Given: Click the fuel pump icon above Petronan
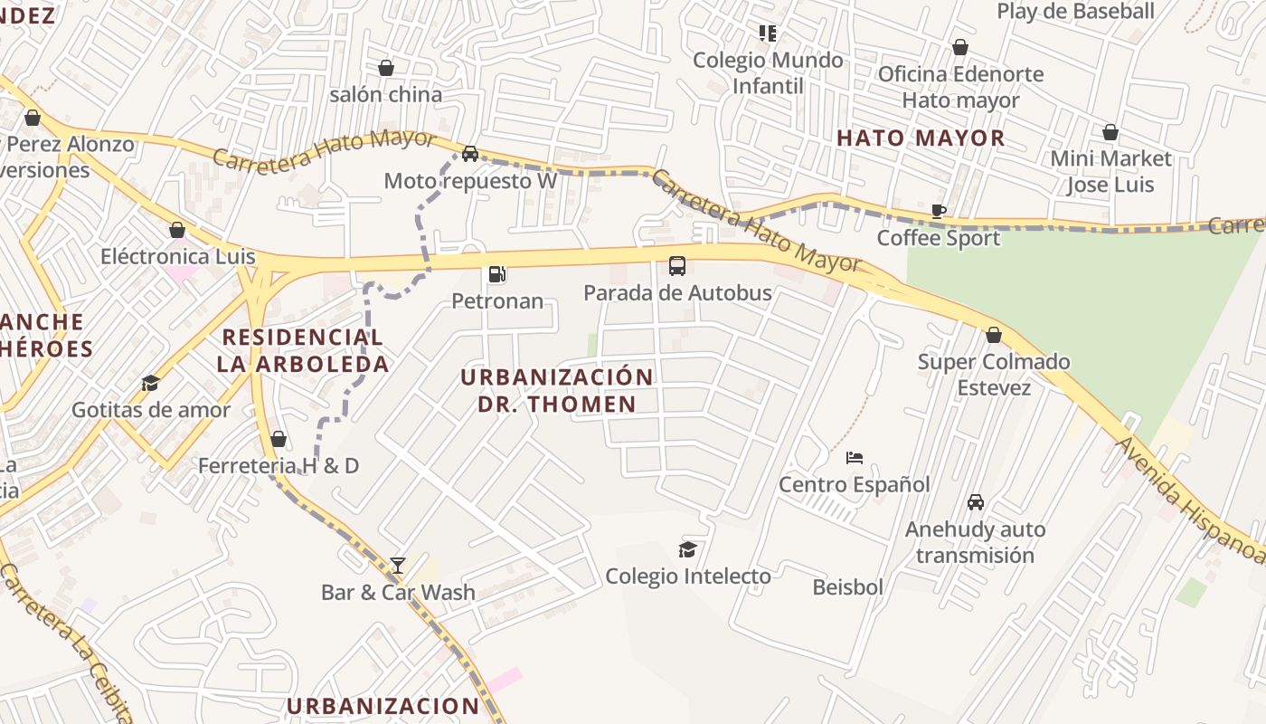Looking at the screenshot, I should pyautogui.click(x=496, y=274).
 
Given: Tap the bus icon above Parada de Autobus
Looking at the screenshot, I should pyautogui.click(x=676, y=266).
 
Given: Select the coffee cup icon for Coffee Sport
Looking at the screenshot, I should pyautogui.click(x=939, y=212).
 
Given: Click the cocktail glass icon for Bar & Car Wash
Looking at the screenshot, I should pyautogui.click(x=398, y=566).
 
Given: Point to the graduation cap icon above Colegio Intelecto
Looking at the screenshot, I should pyautogui.click(x=688, y=549).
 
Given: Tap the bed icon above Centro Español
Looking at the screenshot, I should pyautogui.click(x=855, y=458).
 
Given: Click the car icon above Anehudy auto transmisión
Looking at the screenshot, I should pyautogui.click(x=976, y=502).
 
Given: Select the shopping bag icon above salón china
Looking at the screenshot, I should pyautogui.click(x=386, y=68).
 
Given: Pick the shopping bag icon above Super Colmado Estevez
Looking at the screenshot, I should pyautogui.click(x=994, y=336).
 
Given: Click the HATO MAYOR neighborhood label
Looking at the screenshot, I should pyautogui.click(x=921, y=138).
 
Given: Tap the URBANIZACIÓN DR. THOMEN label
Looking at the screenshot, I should pyautogui.click(x=557, y=390).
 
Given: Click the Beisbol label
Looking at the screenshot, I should pyautogui.click(x=847, y=587).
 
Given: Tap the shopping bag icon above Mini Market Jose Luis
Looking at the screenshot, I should pyautogui.click(x=1110, y=133).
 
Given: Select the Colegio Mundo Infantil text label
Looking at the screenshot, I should pyautogui.click(x=768, y=72).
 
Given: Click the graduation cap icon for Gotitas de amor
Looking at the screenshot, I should pyautogui.click(x=151, y=384).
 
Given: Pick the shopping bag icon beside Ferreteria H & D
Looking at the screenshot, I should pyautogui.click(x=279, y=440).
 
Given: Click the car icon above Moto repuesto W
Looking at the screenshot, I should pyautogui.click(x=470, y=154).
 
